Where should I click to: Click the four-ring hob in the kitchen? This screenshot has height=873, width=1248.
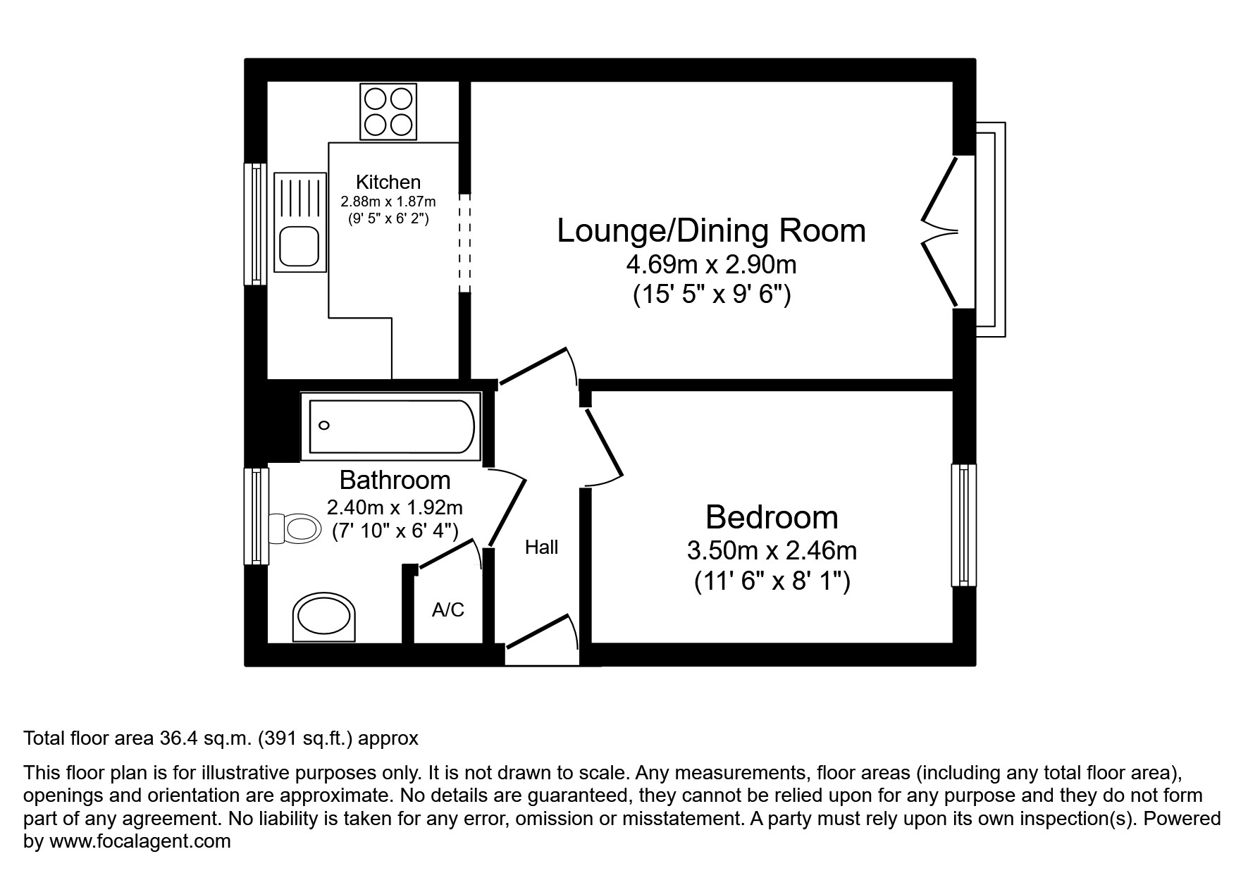388,111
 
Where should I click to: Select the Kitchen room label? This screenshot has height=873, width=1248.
388,182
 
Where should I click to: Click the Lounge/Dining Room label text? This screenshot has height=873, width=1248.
711,231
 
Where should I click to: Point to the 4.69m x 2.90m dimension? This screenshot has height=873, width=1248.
711,265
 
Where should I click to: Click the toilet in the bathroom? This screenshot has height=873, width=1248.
292,528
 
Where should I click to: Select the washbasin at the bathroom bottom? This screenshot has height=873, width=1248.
324,617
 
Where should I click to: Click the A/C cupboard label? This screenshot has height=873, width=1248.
448,609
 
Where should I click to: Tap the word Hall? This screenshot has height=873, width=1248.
541,547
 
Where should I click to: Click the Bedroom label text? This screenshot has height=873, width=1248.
772,517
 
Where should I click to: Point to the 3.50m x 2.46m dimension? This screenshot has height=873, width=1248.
772,550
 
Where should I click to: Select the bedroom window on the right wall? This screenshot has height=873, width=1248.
963,525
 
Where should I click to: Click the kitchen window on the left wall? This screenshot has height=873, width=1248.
255,224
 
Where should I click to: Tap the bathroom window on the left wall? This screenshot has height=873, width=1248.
257,516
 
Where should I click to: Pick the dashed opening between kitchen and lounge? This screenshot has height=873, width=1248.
464,243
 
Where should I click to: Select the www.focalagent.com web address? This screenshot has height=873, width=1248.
140,841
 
